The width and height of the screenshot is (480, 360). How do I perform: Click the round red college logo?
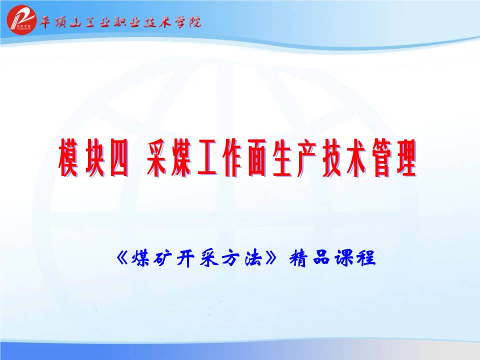pos(21,19)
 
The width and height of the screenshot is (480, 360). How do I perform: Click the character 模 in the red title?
pos(68,158)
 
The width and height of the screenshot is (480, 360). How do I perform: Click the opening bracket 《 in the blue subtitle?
pos(123,258)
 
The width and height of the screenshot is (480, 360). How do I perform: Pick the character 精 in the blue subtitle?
pos(298,258)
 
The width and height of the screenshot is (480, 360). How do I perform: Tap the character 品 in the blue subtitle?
pos(321,258)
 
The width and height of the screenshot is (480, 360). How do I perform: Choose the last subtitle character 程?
pos(366,258)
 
